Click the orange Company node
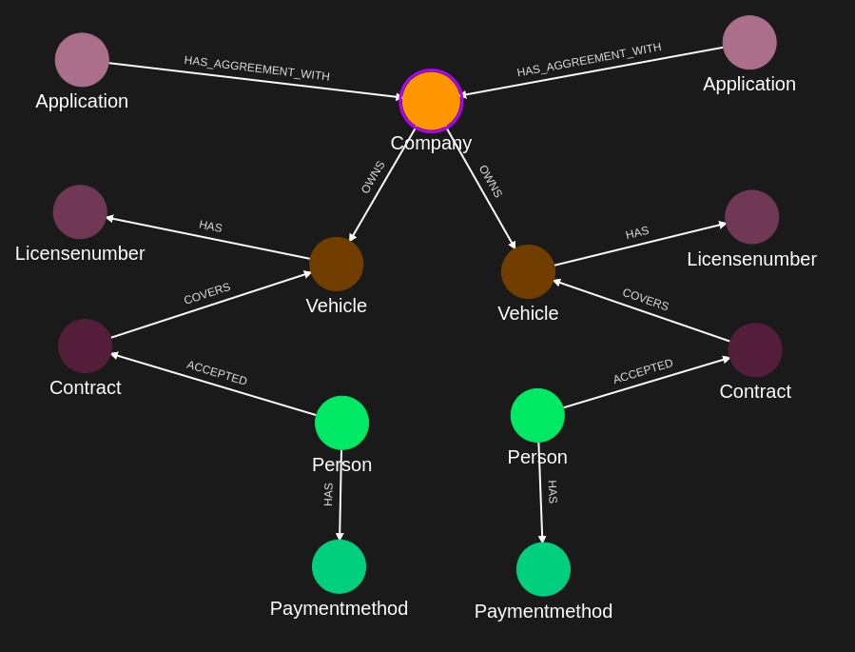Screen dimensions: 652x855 coord(431,101)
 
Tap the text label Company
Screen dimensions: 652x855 coord(431,143)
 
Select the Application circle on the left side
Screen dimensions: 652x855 coord(82,60)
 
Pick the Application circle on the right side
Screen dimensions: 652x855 coord(749,43)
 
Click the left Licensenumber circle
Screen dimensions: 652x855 coord(80,212)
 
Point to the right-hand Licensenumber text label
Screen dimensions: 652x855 coord(751,259)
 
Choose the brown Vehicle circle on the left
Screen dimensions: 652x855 coord(337,264)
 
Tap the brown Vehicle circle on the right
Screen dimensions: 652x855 coord(528,271)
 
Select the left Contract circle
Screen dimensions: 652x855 coord(86,346)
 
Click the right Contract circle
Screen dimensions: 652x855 coord(755,349)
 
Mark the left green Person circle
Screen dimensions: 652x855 coord(341,423)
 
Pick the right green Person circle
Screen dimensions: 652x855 coord(537,415)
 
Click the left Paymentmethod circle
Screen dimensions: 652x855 coord(339,566)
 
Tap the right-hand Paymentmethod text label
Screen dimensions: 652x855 coord(543,611)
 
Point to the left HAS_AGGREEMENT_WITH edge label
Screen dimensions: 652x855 coord(257,68)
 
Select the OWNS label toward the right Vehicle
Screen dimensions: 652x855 coord(491,181)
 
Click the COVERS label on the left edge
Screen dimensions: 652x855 coord(207,293)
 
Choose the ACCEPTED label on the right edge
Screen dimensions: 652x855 coord(643,371)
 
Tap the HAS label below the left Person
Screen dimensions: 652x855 coord(328,494)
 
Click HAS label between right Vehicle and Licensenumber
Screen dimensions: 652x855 coord(637,232)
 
